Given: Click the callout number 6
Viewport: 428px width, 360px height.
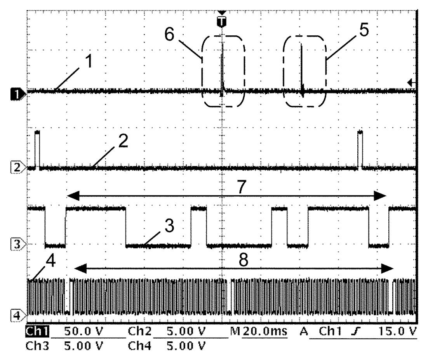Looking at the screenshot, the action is [x=169, y=35].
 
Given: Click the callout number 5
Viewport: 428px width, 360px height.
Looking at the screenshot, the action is [x=364, y=30].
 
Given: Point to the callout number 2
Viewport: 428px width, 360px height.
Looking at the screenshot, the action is [x=123, y=141].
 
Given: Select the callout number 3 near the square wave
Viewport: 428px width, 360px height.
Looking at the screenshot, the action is [x=169, y=226].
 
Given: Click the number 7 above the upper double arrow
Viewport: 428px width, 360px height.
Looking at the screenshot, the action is [x=242, y=187].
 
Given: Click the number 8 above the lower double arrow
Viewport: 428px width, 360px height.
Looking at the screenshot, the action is [x=244, y=259].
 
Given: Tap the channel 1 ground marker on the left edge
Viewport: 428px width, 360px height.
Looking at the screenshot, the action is [x=18, y=95].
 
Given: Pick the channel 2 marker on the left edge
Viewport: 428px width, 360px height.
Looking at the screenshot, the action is [x=18, y=167].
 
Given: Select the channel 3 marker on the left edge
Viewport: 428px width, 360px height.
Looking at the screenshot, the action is [x=18, y=244].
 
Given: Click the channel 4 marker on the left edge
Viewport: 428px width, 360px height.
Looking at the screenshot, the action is [x=18, y=316].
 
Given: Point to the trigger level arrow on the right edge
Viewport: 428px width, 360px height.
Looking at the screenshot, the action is [x=411, y=82].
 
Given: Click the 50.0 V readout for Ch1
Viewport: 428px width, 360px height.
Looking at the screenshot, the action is [x=84, y=331].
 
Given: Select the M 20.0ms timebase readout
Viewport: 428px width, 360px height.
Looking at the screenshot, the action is [x=259, y=331].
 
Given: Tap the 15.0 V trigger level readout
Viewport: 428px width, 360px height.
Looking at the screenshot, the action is [x=397, y=331].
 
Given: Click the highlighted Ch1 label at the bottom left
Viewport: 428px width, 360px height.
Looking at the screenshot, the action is [x=37, y=331].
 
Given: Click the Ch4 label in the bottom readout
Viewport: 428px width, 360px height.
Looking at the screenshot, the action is [x=139, y=346].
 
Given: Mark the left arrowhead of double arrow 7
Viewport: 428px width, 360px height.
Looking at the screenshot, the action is [x=73, y=196].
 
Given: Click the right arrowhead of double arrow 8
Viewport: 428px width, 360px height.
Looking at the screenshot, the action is [x=387, y=269].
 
